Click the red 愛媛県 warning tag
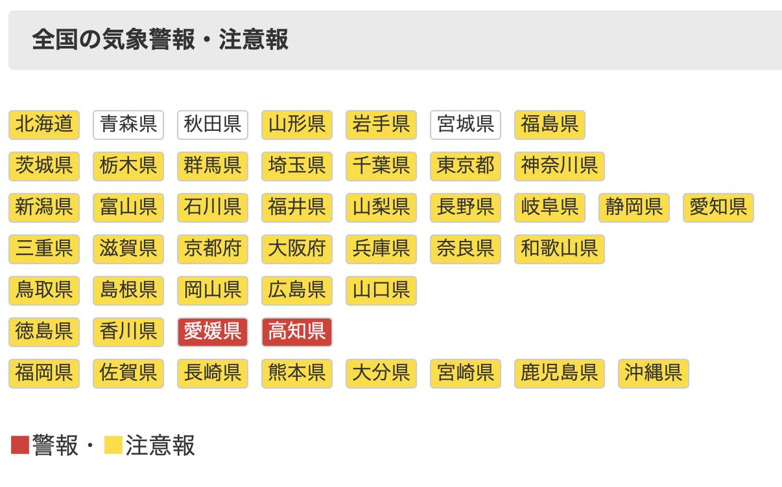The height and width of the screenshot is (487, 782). [212, 332]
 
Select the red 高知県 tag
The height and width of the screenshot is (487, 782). [297, 332]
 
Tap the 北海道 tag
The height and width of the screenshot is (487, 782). [44, 124]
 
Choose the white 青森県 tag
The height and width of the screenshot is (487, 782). [128, 124]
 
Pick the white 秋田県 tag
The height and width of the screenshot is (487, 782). [212, 124]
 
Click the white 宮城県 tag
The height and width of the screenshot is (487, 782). [465, 124]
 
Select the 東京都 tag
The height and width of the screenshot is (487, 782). [465, 166]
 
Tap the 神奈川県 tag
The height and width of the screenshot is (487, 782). [559, 166]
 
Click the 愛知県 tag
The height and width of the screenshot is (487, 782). [718, 208]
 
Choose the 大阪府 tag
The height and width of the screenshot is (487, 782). [297, 249]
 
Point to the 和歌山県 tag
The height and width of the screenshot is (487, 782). [559, 249]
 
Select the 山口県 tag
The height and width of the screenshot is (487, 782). [381, 290]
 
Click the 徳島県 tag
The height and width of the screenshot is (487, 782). [44, 332]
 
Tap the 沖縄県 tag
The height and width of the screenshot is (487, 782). [653, 373]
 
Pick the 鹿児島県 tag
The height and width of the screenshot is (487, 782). [559, 373]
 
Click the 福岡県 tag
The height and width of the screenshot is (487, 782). [44, 373]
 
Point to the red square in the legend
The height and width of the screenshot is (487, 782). [20, 445]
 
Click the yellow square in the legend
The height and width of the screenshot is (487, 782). [113, 445]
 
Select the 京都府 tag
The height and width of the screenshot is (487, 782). [212, 249]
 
